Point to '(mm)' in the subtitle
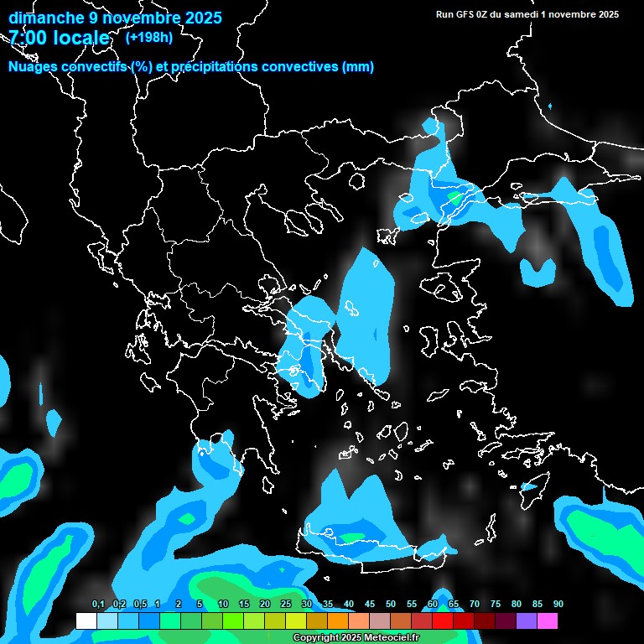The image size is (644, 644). [x=358, y=67]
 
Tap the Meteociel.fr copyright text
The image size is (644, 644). [x=355, y=638]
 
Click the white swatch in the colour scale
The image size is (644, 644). [x=86, y=621]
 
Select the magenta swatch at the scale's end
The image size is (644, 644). [x=548, y=621]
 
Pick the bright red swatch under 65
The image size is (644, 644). [x=442, y=621]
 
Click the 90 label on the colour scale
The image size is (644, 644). [x=558, y=605]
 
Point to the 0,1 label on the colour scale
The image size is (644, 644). [x=98, y=605]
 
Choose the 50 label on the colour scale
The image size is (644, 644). [x=390, y=605]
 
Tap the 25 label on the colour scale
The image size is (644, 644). [x=285, y=605]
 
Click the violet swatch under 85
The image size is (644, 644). [x=527, y=621]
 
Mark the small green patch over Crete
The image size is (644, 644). [x=351, y=537]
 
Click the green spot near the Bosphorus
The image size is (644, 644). [x=454, y=199]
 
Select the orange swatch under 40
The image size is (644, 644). [x=337, y=621]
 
